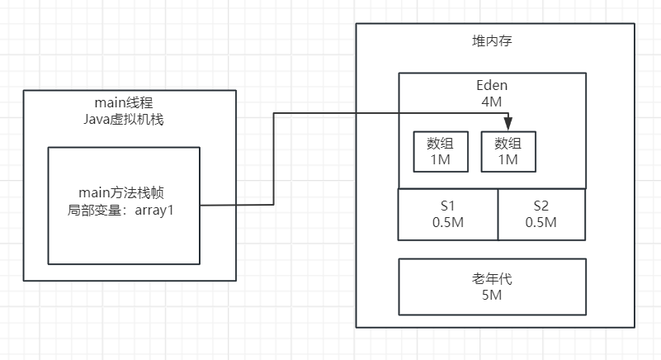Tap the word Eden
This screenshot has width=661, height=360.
pyautogui.click(x=492, y=85)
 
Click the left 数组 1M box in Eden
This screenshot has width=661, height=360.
pyautogui.click(x=440, y=151)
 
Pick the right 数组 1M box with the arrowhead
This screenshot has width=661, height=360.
pyautogui.click(x=508, y=151)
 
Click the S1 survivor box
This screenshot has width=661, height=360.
pyautogui.click(x=447, y=214)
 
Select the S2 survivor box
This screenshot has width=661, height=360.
pyautogui.click(x=541, y=214)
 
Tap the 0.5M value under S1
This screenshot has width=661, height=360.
pyautogui.click(x=448, y=222)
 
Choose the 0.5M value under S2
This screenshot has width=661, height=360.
pyautogui.click(x=541, y=222)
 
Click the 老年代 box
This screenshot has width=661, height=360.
pyautogui.click(x=492, y=286)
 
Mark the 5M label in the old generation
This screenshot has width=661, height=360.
pyautogui.click(x=492, y=294)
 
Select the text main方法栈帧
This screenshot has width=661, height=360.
pyautogui.click(x=124, y=194)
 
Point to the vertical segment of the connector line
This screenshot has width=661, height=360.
pyautogui.click(x=273, y=159)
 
